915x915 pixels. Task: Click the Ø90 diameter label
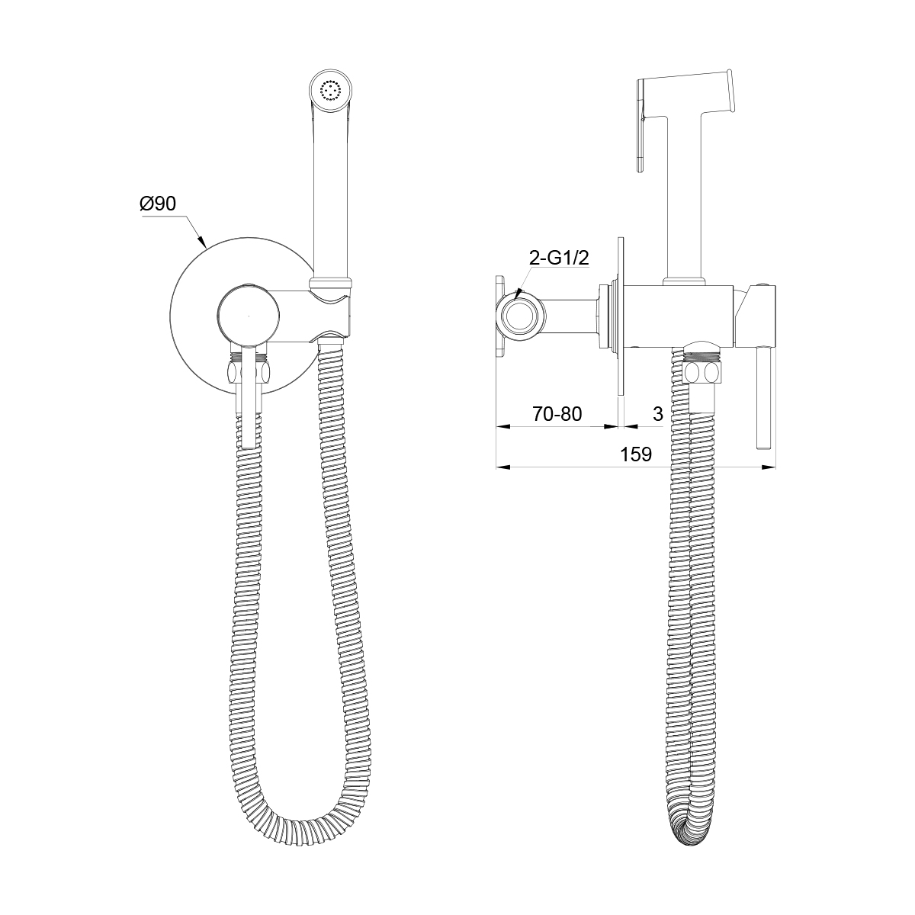(x=158, y=204)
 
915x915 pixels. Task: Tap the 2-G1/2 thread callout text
(x=559, y=258)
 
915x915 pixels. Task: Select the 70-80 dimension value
(x=557, y=414)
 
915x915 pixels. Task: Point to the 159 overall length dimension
(x=636, y=454)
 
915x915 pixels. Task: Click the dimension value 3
(x=657, y=414)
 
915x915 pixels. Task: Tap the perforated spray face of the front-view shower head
(x=331, y=90)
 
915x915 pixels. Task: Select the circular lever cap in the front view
(x=248, y=315)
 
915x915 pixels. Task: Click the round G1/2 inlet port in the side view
(x=520, y=315)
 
